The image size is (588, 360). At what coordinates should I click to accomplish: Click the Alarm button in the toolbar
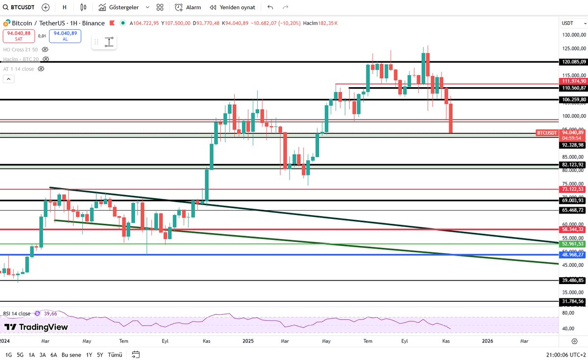click(x=188, y=7)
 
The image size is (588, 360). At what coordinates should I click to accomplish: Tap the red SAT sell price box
click(x=19, y=36)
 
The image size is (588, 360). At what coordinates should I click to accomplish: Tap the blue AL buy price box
click(x=65, y=36)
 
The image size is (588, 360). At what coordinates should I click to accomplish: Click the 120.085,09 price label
click(x=572, y=62)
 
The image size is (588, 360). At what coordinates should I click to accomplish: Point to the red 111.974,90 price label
click(x=572, y=81)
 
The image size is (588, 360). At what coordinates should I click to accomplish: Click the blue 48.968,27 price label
click(x=572, y=255)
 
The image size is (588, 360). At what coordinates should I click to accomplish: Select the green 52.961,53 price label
click(x=572, y=244)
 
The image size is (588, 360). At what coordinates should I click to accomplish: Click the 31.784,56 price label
click(x=572, y=301)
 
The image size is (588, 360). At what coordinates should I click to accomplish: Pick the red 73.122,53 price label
click(x=572, y=189)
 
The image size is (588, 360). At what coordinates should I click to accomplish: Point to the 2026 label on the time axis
click(x=488, y=340)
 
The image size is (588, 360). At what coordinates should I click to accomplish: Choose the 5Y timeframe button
click(x=100, y=355)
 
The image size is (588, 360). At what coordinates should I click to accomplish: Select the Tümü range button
click(x=115, y=355)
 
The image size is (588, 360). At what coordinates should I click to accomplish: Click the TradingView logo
click(x=36, y=327)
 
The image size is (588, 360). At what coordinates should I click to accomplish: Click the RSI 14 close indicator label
click(x=17, y=313)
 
